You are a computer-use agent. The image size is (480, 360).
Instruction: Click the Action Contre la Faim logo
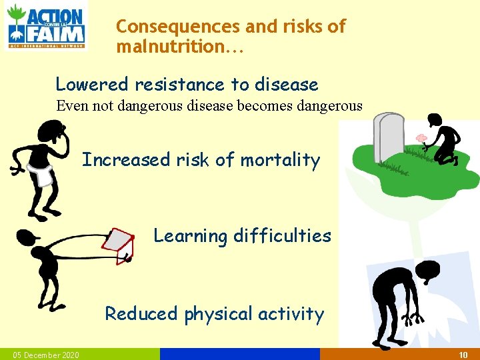(46, 26)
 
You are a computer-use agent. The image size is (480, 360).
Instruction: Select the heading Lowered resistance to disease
(187, 85)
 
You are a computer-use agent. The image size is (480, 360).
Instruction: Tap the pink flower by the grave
(421, 139)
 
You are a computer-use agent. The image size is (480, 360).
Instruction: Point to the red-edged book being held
(121, 245)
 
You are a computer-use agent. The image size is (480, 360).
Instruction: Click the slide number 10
(463, 355)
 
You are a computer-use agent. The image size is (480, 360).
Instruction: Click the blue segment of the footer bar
(240, 355)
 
